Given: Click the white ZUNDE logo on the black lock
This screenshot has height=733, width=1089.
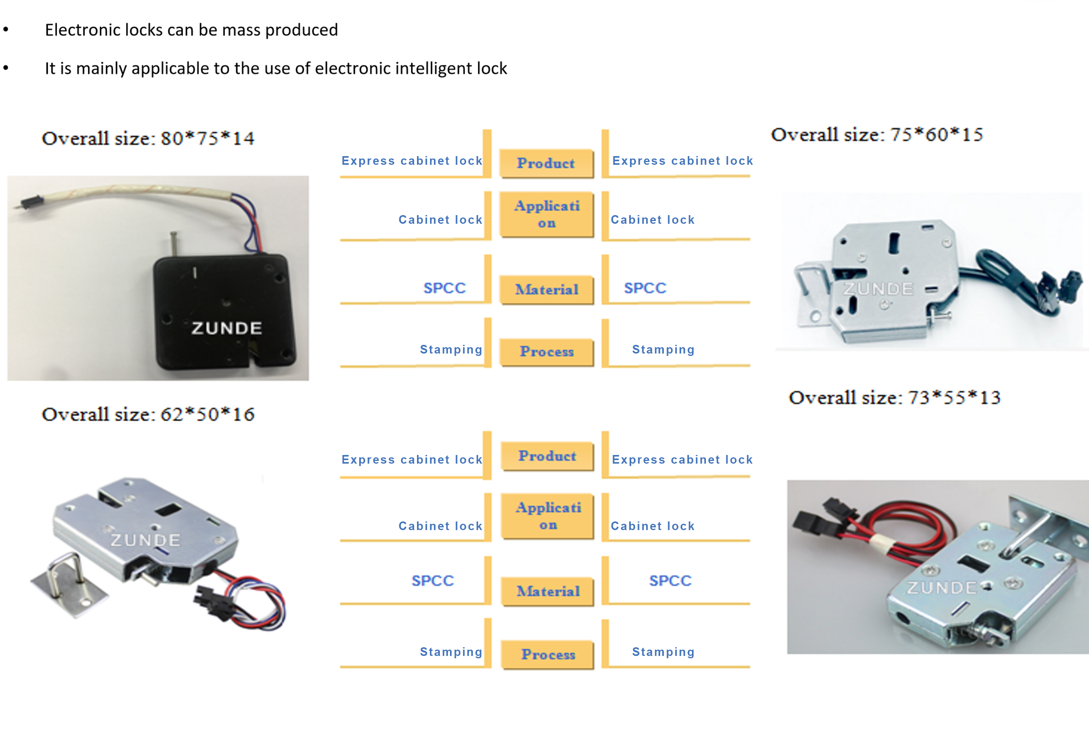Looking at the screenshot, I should click(x=227, y=328).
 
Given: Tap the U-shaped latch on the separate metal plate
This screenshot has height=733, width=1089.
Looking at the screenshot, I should click(x=67, y=574).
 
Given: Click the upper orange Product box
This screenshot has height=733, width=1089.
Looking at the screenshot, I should click(x=545, y=163).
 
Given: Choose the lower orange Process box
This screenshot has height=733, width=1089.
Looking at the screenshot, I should click(x=547, y=654).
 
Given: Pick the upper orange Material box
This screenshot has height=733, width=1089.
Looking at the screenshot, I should click(x=546, y=289).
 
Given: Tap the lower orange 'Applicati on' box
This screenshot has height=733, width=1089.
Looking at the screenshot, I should click(x=548, y=516).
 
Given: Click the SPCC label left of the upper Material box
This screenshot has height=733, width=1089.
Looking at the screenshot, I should click(x=444, y=288).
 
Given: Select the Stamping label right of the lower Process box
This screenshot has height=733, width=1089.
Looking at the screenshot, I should click(x=663, y=652).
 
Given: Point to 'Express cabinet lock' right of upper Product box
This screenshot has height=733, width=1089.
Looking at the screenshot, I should click(x=682, y=161).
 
